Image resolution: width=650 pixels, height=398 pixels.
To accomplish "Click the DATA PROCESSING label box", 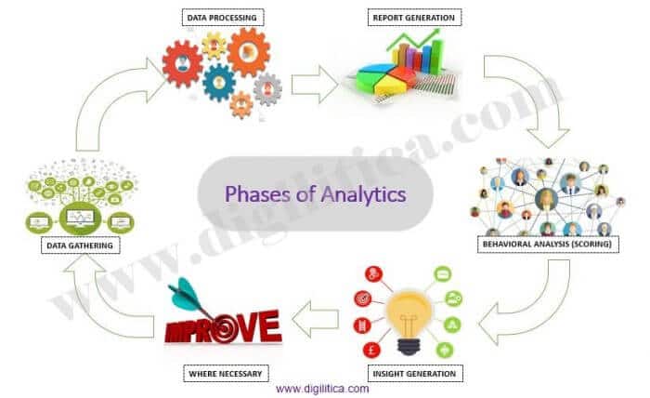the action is [223, 18].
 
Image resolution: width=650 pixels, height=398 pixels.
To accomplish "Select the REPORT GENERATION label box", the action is [414, 18].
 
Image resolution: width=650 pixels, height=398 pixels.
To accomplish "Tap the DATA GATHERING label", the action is [80, 245].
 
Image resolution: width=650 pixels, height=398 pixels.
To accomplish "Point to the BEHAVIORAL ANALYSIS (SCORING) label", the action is [548, 244].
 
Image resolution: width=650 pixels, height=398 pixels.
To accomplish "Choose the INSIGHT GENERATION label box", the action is [415, 374].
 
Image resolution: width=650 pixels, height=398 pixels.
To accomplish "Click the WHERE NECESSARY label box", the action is [226, 374].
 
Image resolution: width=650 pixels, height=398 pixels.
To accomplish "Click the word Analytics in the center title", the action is [363, 194].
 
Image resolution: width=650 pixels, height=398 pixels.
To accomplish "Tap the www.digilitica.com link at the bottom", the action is [322, 389].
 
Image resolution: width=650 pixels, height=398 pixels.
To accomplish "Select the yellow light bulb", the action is [409, 323].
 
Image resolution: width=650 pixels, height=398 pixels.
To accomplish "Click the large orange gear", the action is [249, 52].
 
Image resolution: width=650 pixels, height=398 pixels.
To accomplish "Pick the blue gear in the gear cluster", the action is [218, 83].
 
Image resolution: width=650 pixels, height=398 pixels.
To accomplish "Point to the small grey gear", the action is [267, 89].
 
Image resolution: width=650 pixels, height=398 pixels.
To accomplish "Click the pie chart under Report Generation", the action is [386, 78].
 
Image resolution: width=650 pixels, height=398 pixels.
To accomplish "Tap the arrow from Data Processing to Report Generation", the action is [314, 85].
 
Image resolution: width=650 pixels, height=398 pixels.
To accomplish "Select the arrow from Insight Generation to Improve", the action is [315, 319].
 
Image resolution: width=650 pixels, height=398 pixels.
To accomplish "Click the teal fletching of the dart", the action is [183, 294].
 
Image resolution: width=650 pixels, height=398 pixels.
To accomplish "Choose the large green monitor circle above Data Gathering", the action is [80, 218].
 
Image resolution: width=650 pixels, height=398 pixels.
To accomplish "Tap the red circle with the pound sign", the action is [371, 351].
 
